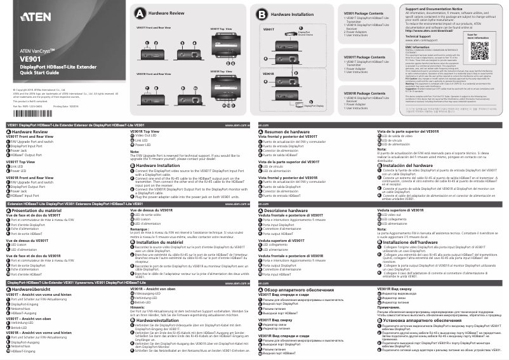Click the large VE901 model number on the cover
coord(30,59)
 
